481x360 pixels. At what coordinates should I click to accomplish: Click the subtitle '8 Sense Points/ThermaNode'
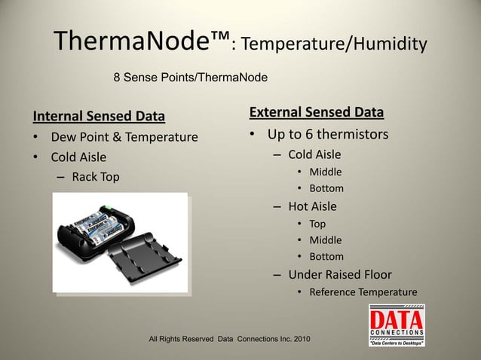tap(190, 77)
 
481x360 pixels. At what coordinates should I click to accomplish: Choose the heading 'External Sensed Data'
tap(316, 113)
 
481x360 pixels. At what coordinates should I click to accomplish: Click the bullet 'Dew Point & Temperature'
tap(124, 137)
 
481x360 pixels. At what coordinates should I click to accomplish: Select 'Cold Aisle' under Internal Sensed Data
tap(78, 157)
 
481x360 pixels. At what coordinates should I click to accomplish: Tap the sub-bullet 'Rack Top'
tap(96, 177)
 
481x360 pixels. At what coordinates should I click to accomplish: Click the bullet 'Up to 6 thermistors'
tap(328, 135)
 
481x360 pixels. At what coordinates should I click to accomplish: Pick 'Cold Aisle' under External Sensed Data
tap(314, 154)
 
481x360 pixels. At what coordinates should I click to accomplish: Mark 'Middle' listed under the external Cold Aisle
tap(326, 172)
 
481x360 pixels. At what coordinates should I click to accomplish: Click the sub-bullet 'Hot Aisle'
tap(312, 206)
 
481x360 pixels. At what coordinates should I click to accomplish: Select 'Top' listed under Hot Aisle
tap(317, 224)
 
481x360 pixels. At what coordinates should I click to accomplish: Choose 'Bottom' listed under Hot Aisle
tap(326, 257)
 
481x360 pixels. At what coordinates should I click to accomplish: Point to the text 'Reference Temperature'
tap(363, 292)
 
